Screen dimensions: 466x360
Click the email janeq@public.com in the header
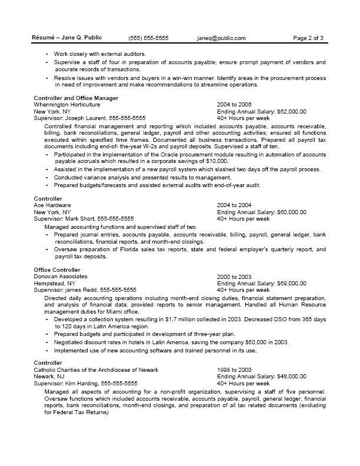[221, 38]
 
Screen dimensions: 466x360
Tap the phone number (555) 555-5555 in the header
[148, 38]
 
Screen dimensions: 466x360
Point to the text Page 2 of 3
[308, 38]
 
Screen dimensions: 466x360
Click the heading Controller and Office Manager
[76, 98]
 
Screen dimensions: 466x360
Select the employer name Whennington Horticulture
[67, 104]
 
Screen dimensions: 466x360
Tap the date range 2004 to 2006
[234, 104]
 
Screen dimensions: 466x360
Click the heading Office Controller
[57, 269]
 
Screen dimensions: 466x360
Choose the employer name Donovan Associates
[61, 276]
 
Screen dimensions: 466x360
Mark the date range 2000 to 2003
[234, 276]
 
